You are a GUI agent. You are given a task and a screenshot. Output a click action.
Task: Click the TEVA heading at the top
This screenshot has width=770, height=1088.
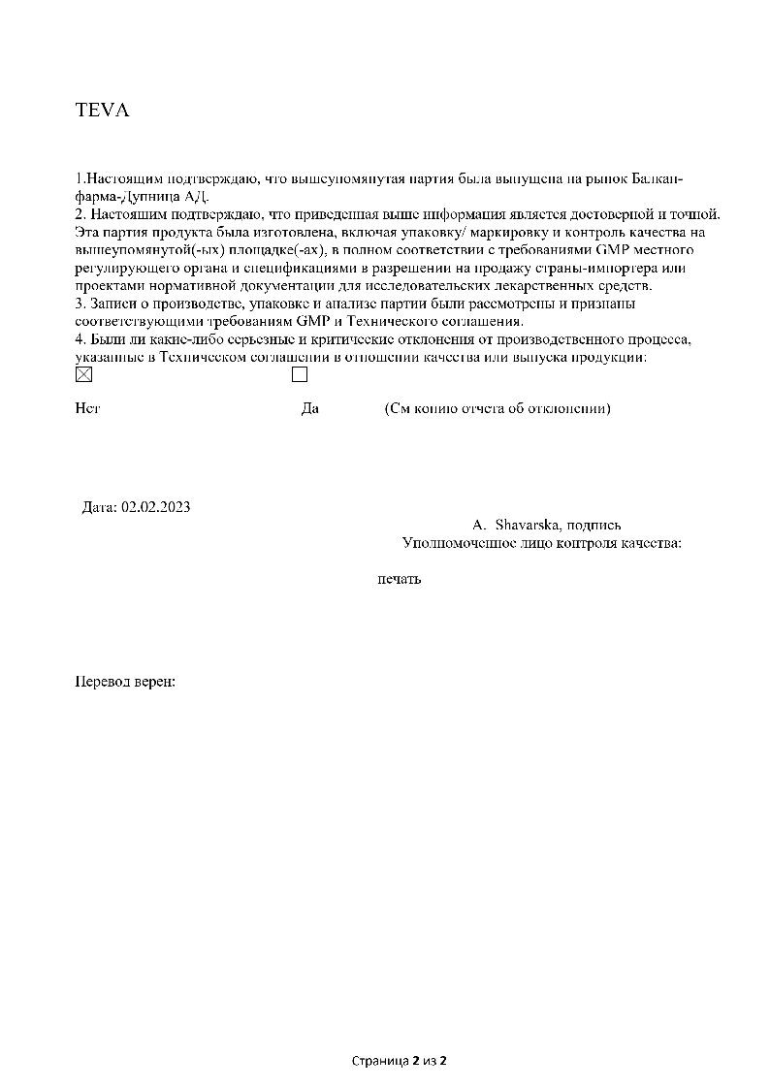[x=102, y=110]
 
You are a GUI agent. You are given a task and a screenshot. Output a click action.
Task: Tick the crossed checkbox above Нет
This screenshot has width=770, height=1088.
[x=83, y=374]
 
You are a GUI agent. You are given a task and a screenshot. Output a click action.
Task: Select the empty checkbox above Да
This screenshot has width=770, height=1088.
[x=300, y=374]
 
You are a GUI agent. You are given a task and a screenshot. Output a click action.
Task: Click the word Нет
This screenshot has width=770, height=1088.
[x=87, y=409]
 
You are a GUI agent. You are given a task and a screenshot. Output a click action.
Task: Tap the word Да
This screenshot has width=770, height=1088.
[x=310, y=409]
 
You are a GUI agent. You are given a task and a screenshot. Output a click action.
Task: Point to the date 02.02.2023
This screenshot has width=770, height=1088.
[x=156, y=506]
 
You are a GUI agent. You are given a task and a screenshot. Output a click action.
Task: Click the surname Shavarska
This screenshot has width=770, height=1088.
[x=526, y=525]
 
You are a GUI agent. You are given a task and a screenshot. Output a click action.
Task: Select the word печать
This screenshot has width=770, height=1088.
[x=399, y=579]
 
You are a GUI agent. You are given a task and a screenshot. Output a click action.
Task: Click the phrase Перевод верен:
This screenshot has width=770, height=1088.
[x=125, y=682]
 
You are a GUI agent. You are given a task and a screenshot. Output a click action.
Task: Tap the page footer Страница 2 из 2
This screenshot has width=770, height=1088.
[x=399, y=1061]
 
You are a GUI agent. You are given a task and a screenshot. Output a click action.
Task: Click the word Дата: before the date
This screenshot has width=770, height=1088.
[x=100, y=506]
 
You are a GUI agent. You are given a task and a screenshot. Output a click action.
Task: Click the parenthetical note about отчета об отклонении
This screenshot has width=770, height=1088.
[x=497, y=409]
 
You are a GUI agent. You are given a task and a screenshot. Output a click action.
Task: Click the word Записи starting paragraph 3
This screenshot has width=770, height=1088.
[x=112, y=304]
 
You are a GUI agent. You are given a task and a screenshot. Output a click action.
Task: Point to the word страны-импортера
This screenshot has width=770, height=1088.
[x=596, y=268]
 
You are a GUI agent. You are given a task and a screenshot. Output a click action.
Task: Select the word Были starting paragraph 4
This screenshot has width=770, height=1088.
[x=107, y=339]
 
